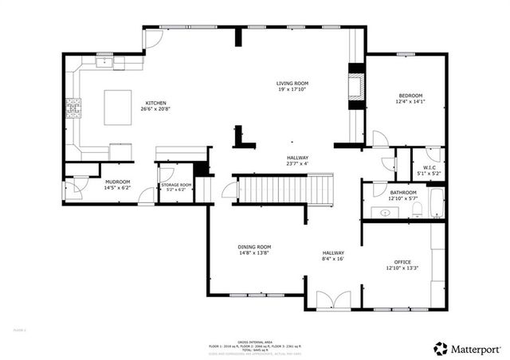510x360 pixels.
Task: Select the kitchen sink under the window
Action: click(105, 61)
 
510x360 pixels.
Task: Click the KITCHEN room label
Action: click(155, 104)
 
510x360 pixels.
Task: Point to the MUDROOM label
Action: click(117, 182)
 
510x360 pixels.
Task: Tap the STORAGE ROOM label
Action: click(177, 185)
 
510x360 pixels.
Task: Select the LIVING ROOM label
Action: click(292, 84)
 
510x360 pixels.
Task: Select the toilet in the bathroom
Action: click(420, 211)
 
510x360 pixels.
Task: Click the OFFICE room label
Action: click(402, 261)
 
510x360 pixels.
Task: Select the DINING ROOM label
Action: click(254, 247)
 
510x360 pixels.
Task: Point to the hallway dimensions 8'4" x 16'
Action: click(333, 259)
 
